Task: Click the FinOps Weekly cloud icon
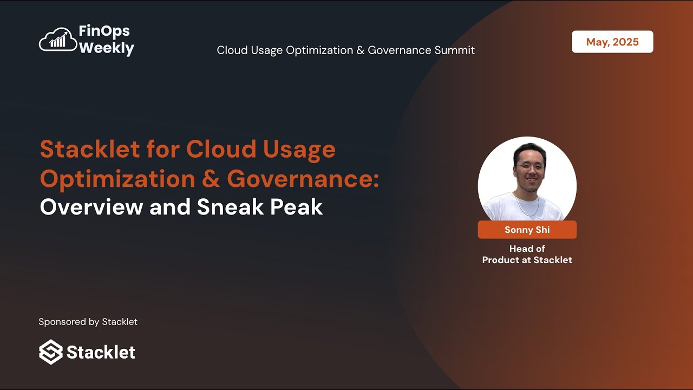[58, 40]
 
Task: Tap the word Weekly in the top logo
[106, 48]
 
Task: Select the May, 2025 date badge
[612, 42]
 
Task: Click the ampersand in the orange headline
[212, 179]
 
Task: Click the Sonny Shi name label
[527, 230]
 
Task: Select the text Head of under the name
[527, 249]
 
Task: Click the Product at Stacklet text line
[527, 260]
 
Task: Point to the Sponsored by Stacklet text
[88, 322]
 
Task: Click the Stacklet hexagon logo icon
[51, 352]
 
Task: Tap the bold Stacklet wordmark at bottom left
[101, 352]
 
